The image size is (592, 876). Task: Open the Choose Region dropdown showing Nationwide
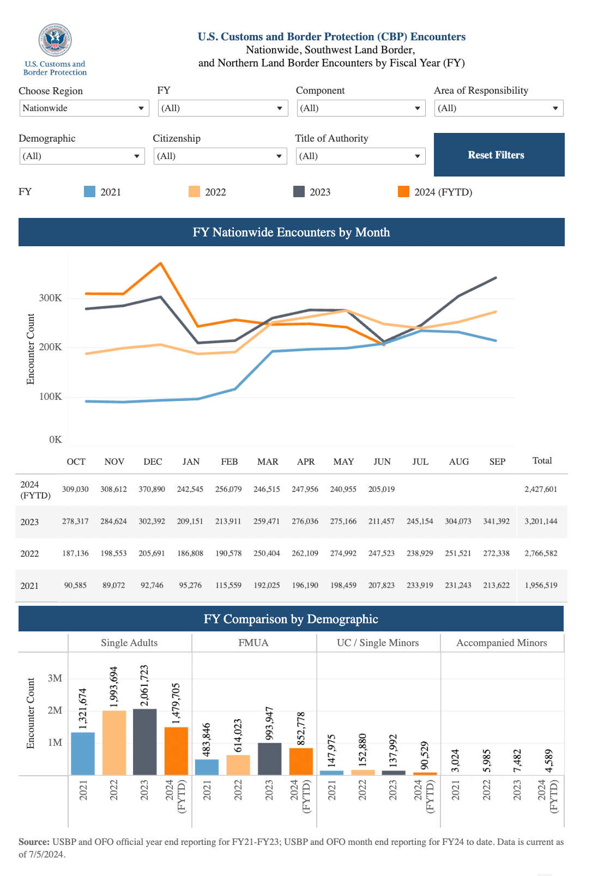84,108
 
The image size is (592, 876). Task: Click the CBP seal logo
55,40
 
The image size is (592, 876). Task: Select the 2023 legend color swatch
299,192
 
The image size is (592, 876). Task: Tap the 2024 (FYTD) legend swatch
403,192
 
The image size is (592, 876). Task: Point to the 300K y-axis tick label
51,298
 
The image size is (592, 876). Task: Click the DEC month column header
153,461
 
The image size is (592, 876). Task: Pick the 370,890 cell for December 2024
152,489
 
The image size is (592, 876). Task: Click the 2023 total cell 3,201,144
541,521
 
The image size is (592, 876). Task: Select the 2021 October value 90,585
75,585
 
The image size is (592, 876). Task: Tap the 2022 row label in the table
29,553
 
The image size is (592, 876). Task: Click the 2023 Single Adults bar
144,741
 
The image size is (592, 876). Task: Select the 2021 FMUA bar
207,766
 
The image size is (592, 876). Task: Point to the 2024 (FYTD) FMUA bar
301,761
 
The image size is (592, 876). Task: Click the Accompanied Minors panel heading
502,643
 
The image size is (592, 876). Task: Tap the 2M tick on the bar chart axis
55,710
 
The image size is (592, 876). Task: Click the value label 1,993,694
113,687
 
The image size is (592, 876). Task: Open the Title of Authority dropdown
360,156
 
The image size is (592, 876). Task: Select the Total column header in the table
542,461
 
